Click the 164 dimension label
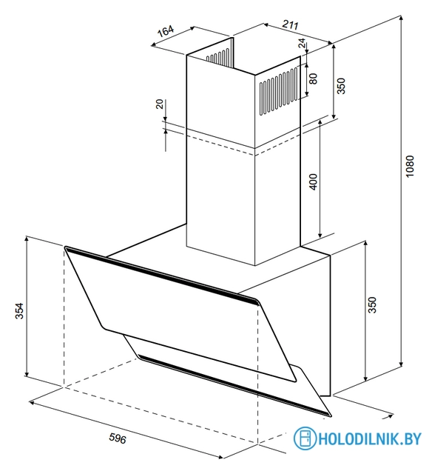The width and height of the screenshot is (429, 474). coord(166,31)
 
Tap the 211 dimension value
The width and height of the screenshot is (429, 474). coord(290,24)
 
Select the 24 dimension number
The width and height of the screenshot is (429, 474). coord(302,43)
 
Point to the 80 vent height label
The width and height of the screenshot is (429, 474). coord(314,79)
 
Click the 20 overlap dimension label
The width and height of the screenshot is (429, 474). coord(160,104)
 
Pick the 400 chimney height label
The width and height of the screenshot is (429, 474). coord(314,182)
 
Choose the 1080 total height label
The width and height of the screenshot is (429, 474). coord(409,166)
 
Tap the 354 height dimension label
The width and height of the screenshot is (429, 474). coord(19,311)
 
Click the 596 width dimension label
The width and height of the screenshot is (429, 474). coord(118,438)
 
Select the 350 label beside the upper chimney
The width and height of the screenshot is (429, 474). coord(341,86)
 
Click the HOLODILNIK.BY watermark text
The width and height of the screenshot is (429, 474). coord(370,438)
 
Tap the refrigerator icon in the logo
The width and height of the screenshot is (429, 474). coord(305,438)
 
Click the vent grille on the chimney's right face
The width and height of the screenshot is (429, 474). coord(279,91)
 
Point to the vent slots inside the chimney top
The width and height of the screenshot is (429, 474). coord(218,56)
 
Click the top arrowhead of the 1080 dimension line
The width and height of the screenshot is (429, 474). coord(401,18)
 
